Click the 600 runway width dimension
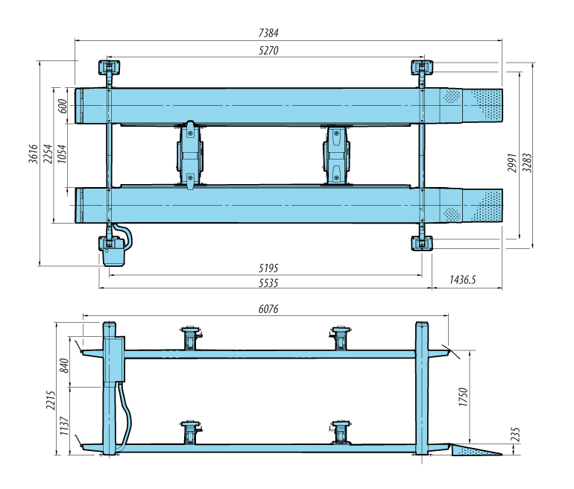pos(63,105)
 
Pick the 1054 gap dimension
pos(63,155)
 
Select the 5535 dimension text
pos(267,283)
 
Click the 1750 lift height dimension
pos(463,396)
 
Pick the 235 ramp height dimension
pos(514,434)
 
